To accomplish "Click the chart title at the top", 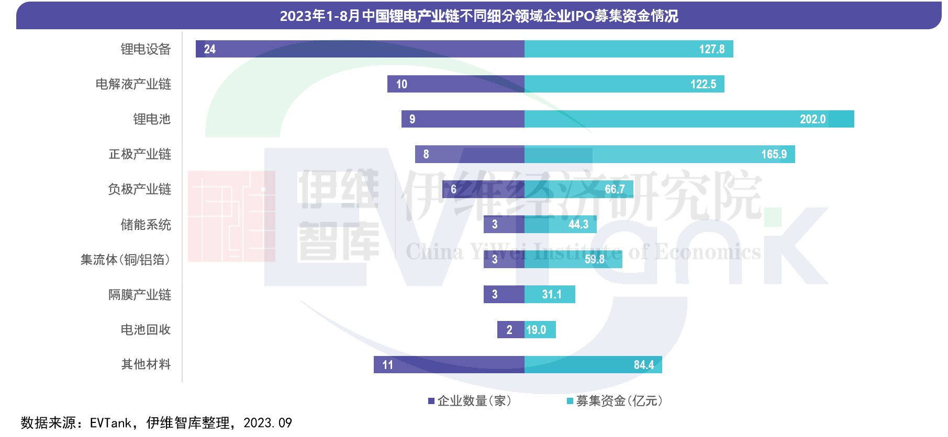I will tap(478, 16).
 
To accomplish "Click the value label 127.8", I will tap(711, 49).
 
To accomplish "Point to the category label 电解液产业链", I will tap(133, 84).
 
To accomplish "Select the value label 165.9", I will tap(774, 154).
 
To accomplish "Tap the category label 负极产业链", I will tap(139, 189).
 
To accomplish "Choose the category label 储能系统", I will tap(146, 225).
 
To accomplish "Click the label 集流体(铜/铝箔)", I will tap(125, 260).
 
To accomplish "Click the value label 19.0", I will tap(536, 330).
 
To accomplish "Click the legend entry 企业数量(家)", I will tap(469, 401).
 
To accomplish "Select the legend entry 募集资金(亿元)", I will tap(615, 401).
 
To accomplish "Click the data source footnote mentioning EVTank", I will tap(156, 422).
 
